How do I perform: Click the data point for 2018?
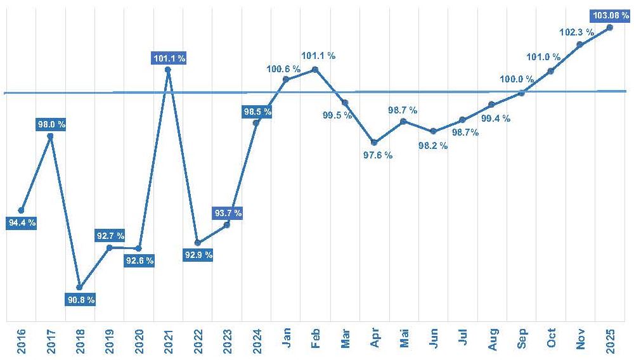pyautogui.click(x=79, y=287)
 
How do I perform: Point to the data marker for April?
pyautogui.click(x=374, y=142)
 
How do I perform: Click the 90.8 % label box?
pyautogui.click(x=81, y=300)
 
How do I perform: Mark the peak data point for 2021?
pyautogui.click(x=168, y=69)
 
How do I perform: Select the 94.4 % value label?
pyautogui.click(x=22, y=222)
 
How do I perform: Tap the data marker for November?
pyautogui.click(x=579, y=44)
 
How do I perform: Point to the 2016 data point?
pyautogui.click(x=21, y=210)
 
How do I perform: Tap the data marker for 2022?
pyautogui.click(x=197, y=243)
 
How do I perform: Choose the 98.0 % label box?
pyautogui.click(x=51, y=124)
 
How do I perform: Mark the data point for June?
pyautogui.click(x=433, y=131)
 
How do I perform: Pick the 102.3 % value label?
pyautogui.click(x=577, y=32)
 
